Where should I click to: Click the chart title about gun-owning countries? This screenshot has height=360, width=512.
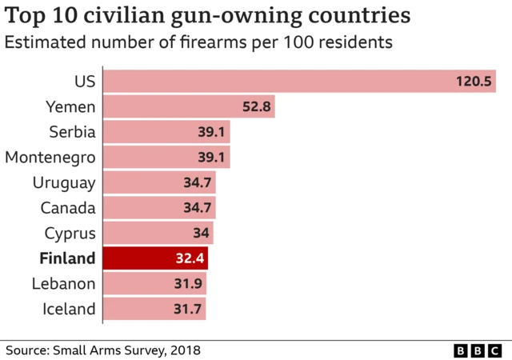pos(210,15)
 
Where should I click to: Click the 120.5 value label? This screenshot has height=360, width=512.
pos(473,82)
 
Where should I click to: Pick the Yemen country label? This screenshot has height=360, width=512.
pos(70,106)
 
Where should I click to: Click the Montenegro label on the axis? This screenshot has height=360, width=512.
pos(50,157)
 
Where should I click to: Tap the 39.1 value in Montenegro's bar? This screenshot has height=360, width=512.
pos(212,158)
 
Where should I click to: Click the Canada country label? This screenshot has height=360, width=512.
pos(68,208)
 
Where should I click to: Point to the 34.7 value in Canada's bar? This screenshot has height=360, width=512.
pos(198,208)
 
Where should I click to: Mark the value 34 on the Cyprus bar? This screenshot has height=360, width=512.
pos(201,234)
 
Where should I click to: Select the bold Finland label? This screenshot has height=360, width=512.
pos(66,258)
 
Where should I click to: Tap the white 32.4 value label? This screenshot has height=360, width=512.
pos(190,259)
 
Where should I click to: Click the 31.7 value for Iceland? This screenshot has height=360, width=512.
pos(188,310)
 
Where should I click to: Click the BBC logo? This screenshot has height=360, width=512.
pos(478,350)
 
